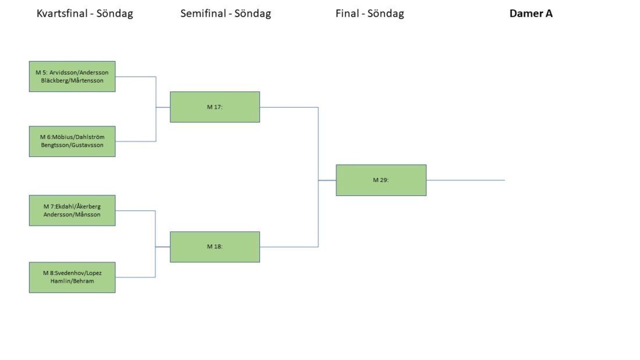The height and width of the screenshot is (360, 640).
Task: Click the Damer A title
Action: coord(531,13)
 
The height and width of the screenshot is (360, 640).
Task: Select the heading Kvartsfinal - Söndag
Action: coord(85,13)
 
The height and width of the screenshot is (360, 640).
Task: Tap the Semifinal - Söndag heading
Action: coord(226,13)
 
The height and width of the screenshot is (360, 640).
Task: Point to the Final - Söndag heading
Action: coord(370,13)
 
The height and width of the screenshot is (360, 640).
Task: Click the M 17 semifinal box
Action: coord(215,107)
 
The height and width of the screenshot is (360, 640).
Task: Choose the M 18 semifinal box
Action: coord(215,247)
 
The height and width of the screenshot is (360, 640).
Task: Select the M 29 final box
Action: coord(381,180)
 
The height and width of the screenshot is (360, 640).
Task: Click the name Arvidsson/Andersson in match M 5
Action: coord(79,73)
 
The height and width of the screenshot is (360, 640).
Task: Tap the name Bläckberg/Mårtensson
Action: coord(72,80)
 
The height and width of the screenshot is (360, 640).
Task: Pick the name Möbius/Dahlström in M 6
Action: coord(78,137)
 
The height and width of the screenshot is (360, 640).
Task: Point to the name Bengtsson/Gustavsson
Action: coord(72,145)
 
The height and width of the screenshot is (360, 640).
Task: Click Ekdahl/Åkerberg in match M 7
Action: coord(77,206)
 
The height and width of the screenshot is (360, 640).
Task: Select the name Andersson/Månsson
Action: coord(72,214)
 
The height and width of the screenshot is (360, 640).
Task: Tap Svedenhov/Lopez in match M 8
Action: coord(78,273)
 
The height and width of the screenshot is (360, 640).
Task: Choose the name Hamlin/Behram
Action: coord(72,281)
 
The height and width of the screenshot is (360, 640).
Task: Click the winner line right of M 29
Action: coord(465,180)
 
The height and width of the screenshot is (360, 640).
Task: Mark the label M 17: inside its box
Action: coord(215,107)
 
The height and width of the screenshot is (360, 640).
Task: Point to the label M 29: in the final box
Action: coord(381,180)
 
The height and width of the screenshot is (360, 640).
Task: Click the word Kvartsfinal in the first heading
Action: coord(62,13)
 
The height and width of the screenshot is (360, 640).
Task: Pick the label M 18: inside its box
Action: coord(215,247)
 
